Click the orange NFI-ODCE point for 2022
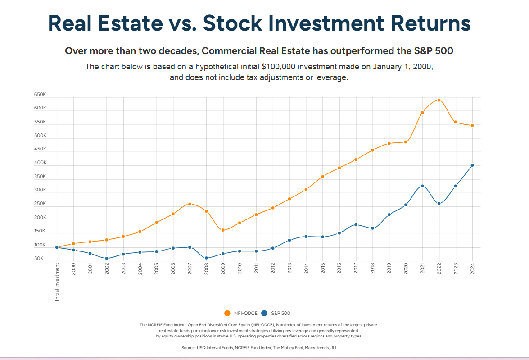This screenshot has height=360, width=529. pyautogui.click(x=439, y=100)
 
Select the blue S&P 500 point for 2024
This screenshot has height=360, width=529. pyautogui.click(x=472, y=165)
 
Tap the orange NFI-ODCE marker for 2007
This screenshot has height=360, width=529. pyautogui.click(x=190, y=204)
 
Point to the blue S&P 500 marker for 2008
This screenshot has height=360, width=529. pyautogui.click(x=206, y=258)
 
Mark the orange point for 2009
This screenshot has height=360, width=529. pyautogui.click(x=223, y=230)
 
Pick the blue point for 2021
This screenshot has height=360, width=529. pyautogui.click(x=422, y=186)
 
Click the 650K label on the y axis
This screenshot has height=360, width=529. pyautogui.click(x=40, y=95)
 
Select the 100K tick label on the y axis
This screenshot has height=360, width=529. pyautogui.click(x=40, y=246)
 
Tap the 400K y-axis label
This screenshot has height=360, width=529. pyautogui.click(x=40, y=163)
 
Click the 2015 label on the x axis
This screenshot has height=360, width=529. pyautogui.click(x=323, y=270)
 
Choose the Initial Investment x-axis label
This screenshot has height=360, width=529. pyautogui.click(x=57, y=282)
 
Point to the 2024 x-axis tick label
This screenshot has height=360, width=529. pyautogui.click(x=472, y=270)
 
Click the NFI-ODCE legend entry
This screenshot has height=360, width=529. pyautogui.click(x=241, y=313)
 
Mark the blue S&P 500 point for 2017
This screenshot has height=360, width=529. pyautogui.click(x=356, y=225)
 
